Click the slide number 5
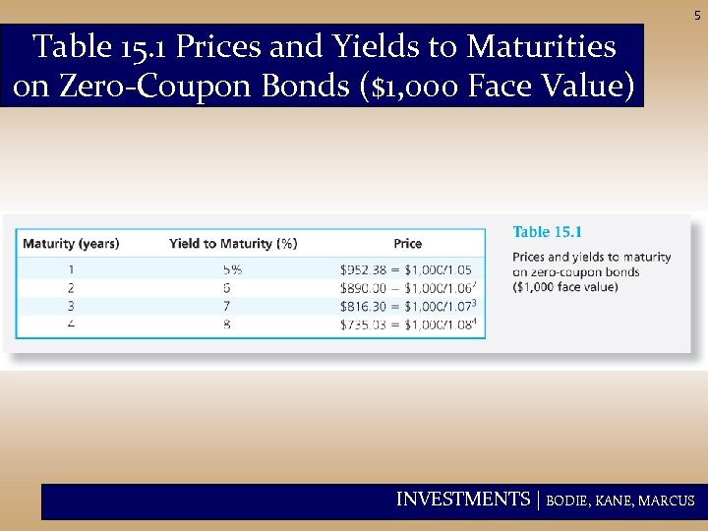pyautogui.click(x=697, y=16)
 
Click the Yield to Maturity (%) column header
pyautogui.click(x=233, y=244)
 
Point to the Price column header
pyautogui.click(x=407, y=244)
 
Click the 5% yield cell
pyautogui.click(x=232, y=268)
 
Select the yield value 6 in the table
pyautogui.click(x=227, y=287)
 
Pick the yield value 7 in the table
pyautogui.click(x=227, y=306)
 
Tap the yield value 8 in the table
pyautogui.click(x=227, y=324)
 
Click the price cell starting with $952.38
pyautogui.click(x=405, y=268)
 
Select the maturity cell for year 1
pyautogui.click(x=71, y=268)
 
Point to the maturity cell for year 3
pyautogui.click(x=71, y=306)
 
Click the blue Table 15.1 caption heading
pyautogui.click(x=547, y=232)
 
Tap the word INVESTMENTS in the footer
pyautogui.click(x=462, y=500)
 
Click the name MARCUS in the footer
pyautogui.click(x=667, y=501)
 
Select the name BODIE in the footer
pyautogui.click(x=568, y=501)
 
